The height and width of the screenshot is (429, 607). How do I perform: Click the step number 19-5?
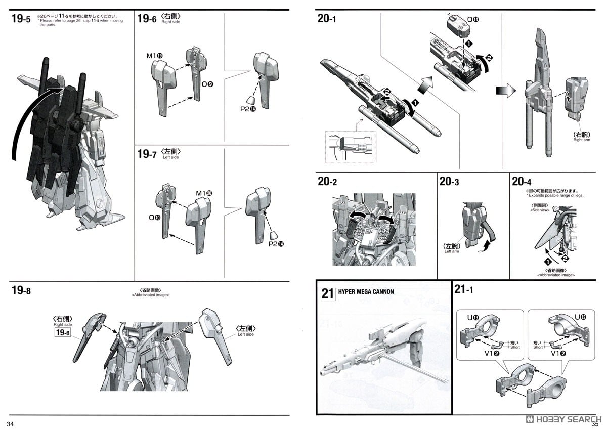20,20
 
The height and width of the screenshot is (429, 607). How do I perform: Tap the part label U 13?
472,317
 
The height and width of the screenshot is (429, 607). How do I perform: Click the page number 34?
11,422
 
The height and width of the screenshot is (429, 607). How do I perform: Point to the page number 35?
597,422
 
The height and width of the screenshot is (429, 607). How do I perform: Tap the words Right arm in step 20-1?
582,139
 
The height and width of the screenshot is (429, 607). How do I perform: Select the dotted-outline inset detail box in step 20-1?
351,147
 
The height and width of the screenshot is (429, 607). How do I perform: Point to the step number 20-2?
327,181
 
